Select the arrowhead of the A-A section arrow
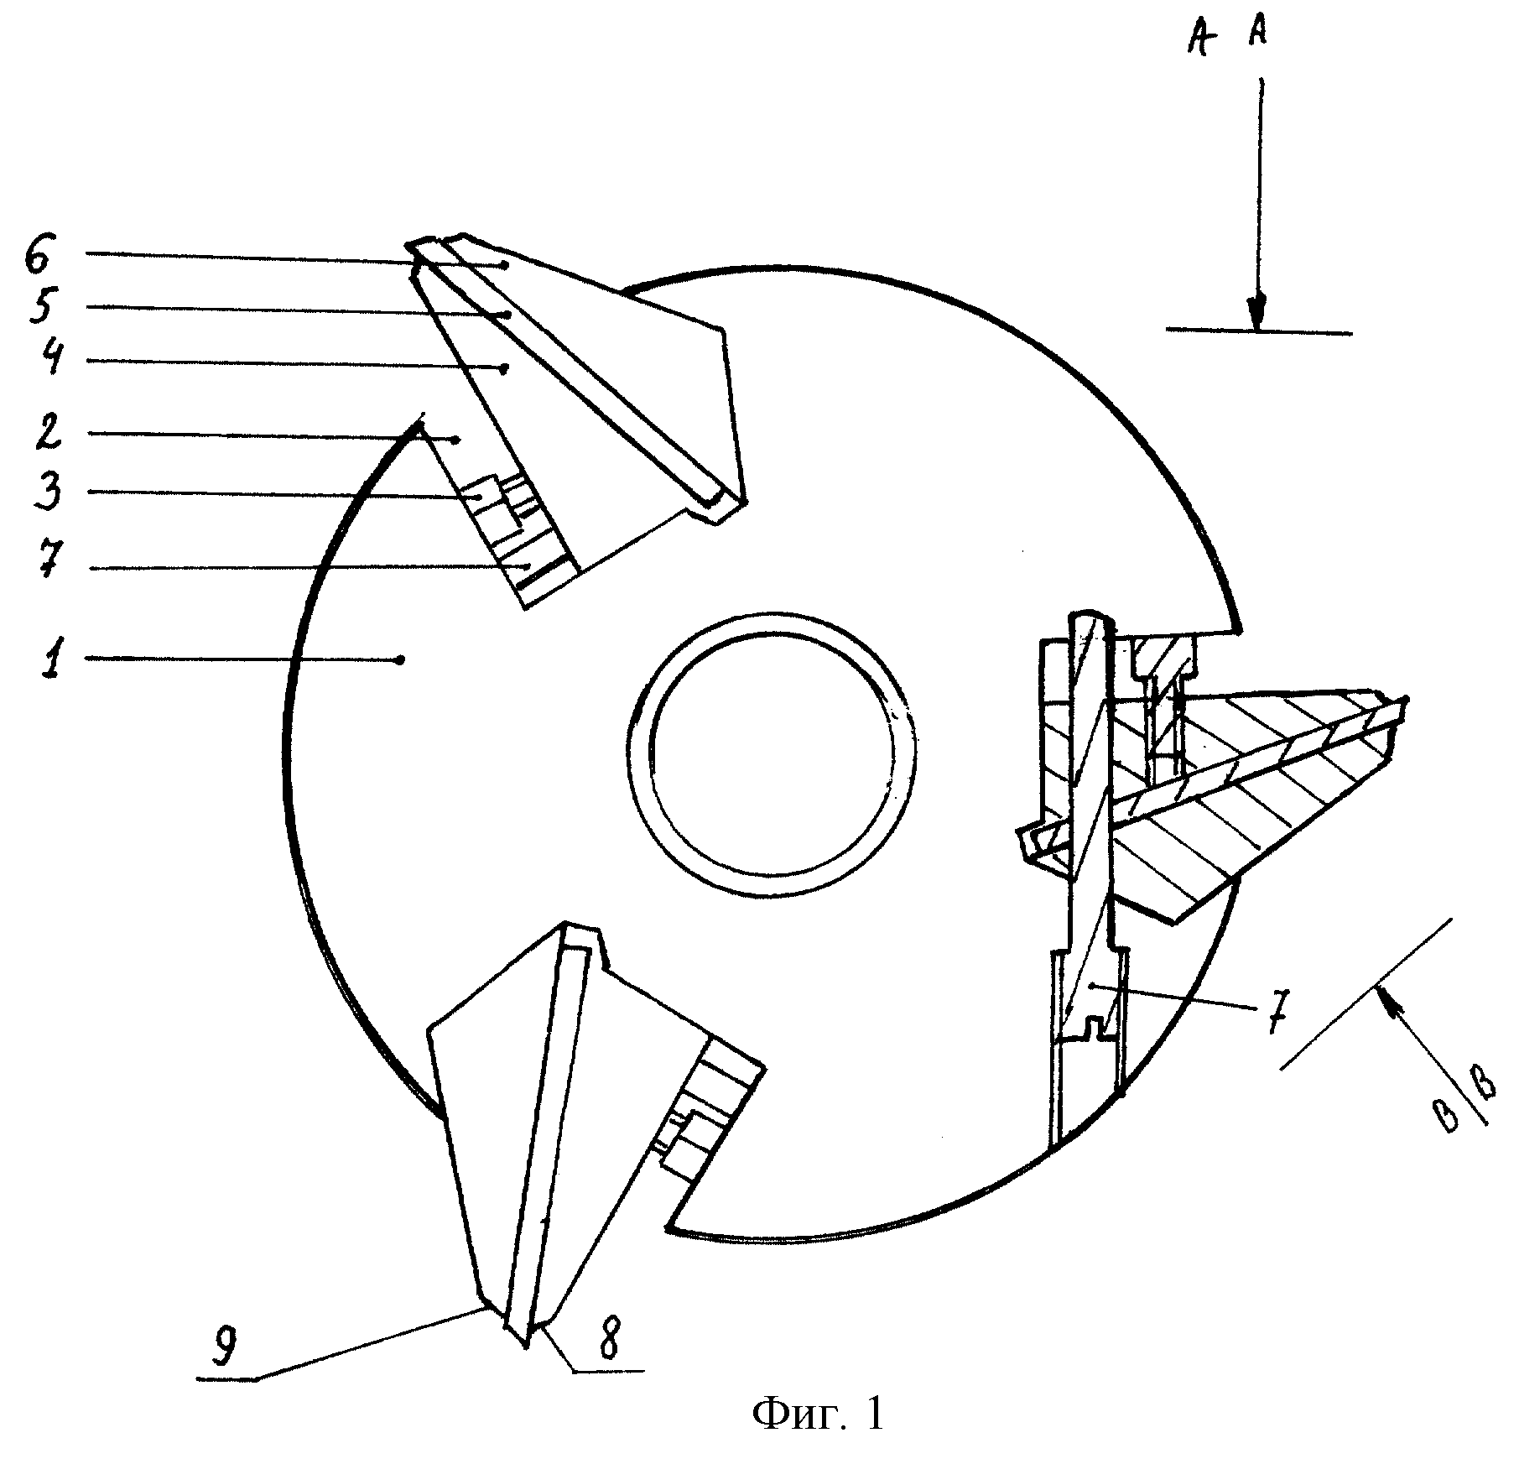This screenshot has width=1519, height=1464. pos(1256,315)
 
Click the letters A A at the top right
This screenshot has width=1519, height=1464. pos(1229,37)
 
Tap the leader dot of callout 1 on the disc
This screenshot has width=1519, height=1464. pos(401,660)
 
